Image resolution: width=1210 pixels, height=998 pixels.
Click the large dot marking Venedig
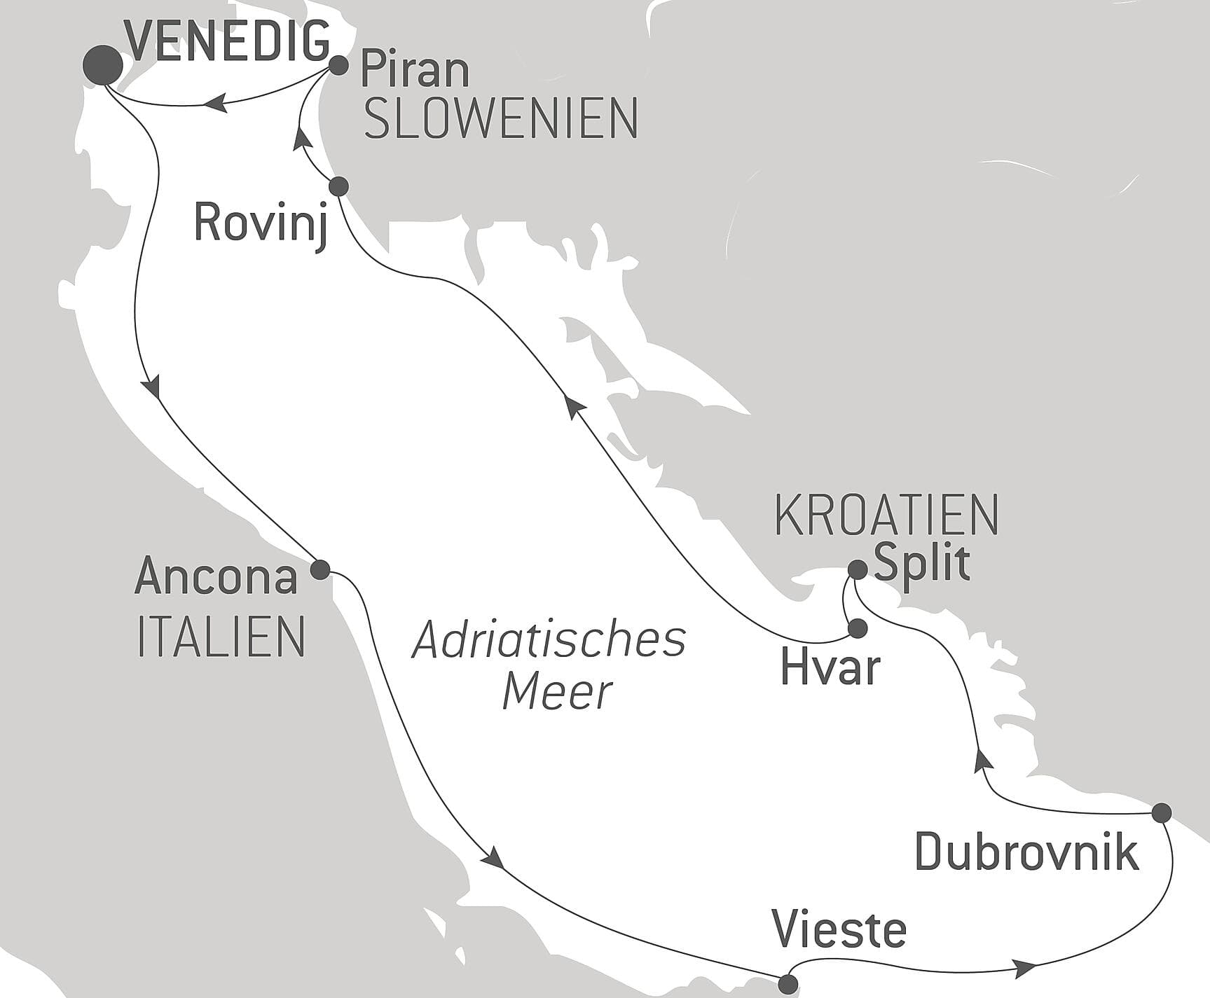click(102, 65)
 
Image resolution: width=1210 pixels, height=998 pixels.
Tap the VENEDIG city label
click(230, 41)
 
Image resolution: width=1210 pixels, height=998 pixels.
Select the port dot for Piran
click(338, 66)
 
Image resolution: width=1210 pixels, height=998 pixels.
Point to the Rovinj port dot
click(338, 186)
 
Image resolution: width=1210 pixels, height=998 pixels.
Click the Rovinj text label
click(261, 223)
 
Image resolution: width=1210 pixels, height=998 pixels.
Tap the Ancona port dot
click(319, 569)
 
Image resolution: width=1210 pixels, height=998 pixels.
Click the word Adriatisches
click(549, 640)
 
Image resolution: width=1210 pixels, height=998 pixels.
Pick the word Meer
click(558, 691)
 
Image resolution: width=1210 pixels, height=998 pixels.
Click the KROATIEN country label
click(886, 515)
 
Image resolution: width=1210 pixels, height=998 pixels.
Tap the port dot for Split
click(858, 569)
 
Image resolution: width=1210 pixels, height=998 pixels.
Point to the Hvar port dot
click(858, 629)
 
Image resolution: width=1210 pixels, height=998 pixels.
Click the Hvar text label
click(830, 668)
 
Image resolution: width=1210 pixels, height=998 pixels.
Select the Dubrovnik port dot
click(1162, 813)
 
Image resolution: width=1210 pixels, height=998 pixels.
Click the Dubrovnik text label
click(1026, 853)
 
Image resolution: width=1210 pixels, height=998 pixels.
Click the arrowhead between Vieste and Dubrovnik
click(1025, 969)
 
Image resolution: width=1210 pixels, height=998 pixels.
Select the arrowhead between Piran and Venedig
click(214, 104)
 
